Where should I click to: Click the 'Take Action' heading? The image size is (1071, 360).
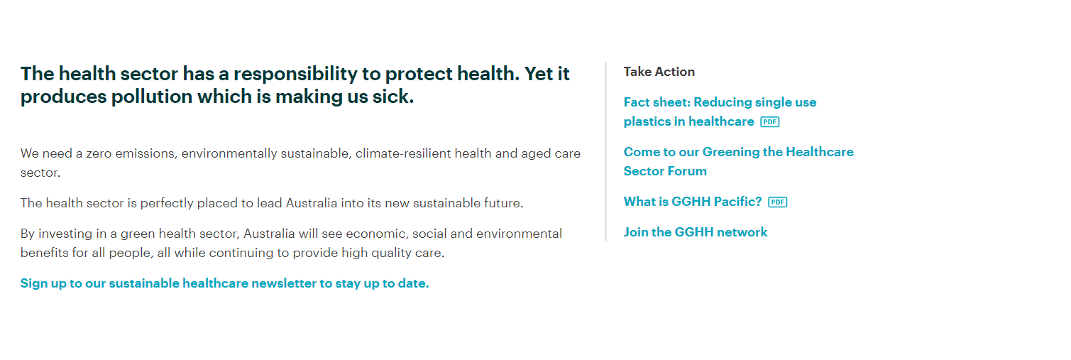tap(659, 72)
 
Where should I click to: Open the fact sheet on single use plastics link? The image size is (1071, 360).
tap(720, 112)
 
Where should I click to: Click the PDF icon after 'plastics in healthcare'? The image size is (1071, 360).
tap(770, 122)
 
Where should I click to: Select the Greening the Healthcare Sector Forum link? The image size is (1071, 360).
tap(738, 162)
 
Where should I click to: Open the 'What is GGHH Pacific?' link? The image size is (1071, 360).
tap(692, 202)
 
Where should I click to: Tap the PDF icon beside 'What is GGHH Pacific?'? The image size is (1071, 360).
tap(777, 202)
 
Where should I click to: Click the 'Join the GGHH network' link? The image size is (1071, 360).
tap(696, 232)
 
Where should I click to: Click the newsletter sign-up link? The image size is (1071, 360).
tap(225, 283)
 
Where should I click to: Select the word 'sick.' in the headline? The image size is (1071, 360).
tap(393, 97)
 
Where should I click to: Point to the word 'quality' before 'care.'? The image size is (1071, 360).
tap(391, 253)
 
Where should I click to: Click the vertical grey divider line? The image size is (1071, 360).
tap(606, 151)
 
